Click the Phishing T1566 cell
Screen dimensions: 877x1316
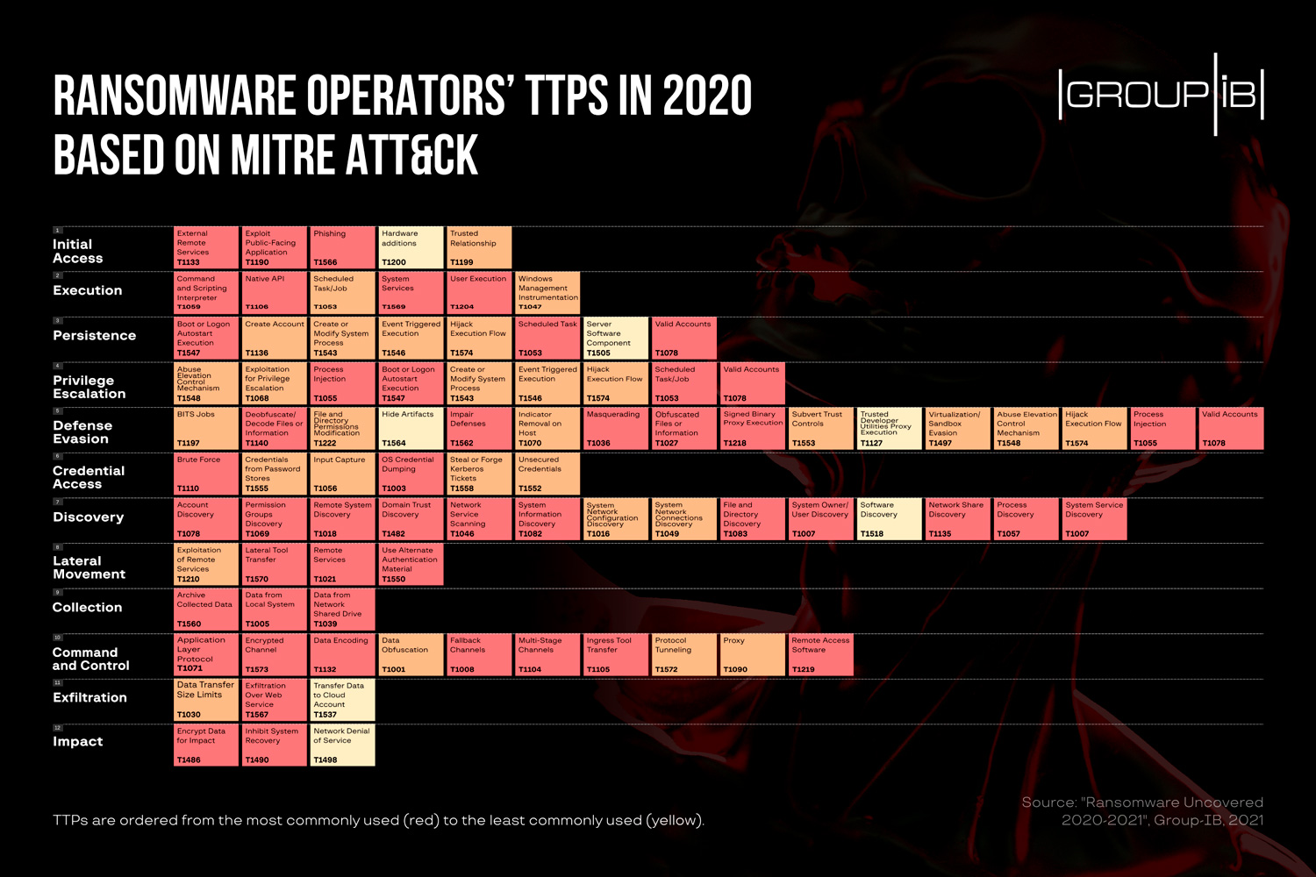click(x=343, y=248)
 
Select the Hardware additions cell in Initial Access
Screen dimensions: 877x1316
click(x=411, y=248)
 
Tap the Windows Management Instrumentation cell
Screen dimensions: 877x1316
click(x=547, y=293)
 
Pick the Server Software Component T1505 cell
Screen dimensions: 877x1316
click(x=616, y=339)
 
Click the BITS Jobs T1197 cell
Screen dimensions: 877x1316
click(x=206, y=429)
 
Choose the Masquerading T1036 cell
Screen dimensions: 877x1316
click(x=616, y=429)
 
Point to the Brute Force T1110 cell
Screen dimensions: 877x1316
click(x=206, y=474)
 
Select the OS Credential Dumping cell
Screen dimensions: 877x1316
click(x=411, y=474)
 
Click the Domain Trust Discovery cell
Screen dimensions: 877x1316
click(x=411, y=519)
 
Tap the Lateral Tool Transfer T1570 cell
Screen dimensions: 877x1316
click(x=275, y=564)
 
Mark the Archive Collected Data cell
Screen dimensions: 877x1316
click(x=206, y=610)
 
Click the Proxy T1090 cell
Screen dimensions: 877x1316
click(x=753, y=654)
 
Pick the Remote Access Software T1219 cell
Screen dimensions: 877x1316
click(x=821, y=654)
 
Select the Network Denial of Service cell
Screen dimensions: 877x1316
click(x=343, y=745)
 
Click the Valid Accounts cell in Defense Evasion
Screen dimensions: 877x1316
click(x=1231, y=429)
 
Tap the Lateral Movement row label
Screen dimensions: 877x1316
click(x=89, y=567)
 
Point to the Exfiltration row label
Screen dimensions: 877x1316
click(x=89, y=697)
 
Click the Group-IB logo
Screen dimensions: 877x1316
click(x=1161, y=94)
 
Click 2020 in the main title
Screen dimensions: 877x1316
click(x=707, y=96)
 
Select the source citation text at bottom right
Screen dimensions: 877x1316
click(x=1142, y=811)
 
